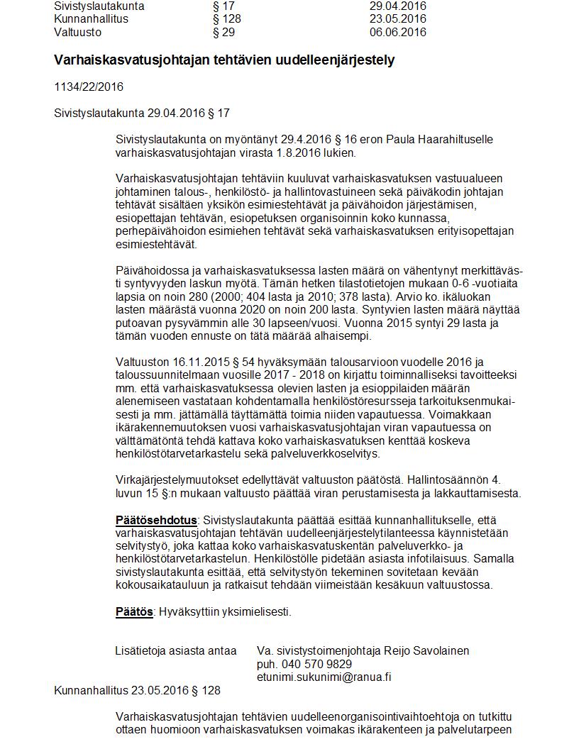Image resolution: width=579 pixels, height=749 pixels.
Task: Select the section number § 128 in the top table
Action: click(226, 19)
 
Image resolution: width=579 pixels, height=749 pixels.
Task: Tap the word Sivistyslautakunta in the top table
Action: click(99, 6)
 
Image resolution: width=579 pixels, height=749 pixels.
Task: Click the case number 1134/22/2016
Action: click(89, 87)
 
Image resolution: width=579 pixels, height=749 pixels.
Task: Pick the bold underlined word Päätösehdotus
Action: click(156, 521)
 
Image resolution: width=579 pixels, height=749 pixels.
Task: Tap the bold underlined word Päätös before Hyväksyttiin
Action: click(134, 611)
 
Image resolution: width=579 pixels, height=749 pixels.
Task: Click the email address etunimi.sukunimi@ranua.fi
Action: click(324, 677)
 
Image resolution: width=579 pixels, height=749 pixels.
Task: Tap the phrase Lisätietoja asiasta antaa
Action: click(176, 650)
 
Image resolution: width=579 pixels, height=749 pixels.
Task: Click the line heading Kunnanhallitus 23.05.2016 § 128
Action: click(137, 690)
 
